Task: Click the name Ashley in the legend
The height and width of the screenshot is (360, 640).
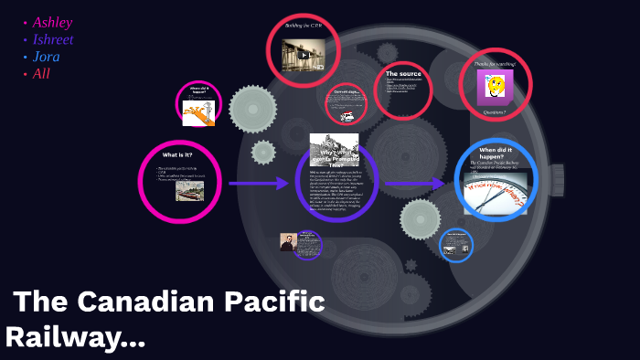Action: point(52,22)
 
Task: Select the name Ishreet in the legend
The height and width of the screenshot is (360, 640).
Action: point(52,39)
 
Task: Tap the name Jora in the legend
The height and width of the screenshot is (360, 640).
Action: point(46,57)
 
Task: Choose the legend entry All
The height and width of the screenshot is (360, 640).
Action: point(41,74)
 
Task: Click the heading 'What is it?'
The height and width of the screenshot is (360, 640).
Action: point(177,155)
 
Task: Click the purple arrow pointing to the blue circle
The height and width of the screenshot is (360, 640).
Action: point(415,185)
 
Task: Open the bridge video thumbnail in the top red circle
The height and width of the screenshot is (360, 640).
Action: point(301,57)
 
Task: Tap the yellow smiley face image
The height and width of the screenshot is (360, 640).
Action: point(495,86)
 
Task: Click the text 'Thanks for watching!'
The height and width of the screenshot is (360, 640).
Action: point(495,64)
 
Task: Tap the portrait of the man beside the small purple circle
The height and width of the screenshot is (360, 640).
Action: point(286,242)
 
